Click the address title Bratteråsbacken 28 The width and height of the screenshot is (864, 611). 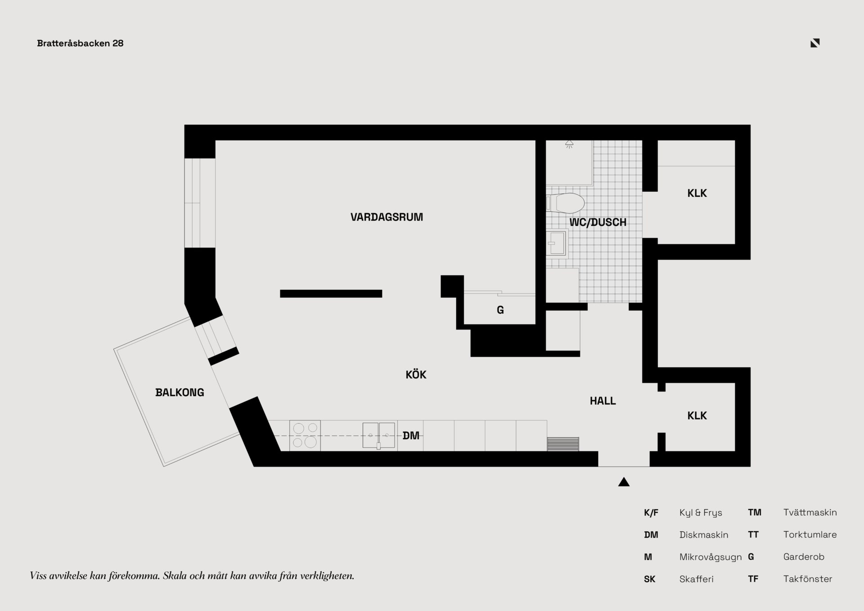point(80,43)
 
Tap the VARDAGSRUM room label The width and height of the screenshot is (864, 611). point(387,217)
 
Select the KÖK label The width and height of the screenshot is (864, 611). point(416,374)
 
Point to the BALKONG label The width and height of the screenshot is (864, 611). point(180,393)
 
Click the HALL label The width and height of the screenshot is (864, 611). point(603,401)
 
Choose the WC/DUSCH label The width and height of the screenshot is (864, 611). point(598,222)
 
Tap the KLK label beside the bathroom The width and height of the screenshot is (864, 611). point(697,193)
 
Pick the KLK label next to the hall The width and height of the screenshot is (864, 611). point(697,416)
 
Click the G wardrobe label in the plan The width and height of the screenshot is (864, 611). point(500,310)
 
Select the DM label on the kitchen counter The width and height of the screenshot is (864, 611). point(411,435)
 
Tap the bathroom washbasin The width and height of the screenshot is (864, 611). point(557,243)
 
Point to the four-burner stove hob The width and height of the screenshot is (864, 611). point(305,435)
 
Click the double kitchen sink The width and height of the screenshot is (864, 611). point(379,435)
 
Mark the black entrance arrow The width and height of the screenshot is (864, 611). point(624,482)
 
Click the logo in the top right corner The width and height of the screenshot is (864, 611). point(815,43)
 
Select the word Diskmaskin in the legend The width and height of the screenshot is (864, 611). point(704,535)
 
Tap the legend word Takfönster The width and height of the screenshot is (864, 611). point(808,579)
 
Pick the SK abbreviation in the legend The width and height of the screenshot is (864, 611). point(649,579)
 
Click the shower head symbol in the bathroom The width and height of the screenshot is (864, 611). point(569,144)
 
